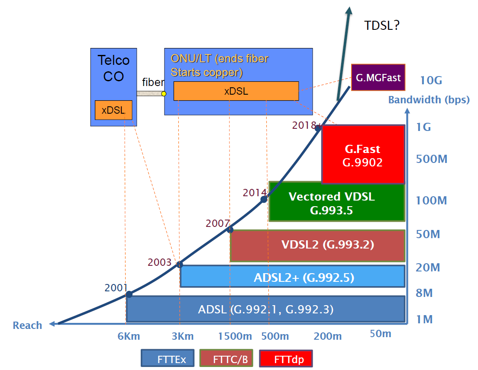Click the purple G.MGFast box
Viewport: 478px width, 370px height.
click(x=378, y=78)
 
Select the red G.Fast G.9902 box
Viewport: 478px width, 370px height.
click(x=363, y=155)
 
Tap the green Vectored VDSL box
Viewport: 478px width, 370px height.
click(x=336, y=201)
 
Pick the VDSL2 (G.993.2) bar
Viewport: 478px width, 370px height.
click(x=317, y=246)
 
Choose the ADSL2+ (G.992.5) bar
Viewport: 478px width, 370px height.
click(x=292, y=277)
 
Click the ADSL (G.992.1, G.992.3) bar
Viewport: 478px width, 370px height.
click(x=265, y=309)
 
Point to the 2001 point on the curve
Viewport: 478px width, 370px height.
click(x=129, y=294)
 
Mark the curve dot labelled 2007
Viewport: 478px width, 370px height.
click(x=230, y=230)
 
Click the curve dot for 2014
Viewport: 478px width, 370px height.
click(x=264, y=199)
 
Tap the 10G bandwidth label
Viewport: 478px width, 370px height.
click(x=431, y=80)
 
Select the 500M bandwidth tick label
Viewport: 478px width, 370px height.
click(x=431, y=159)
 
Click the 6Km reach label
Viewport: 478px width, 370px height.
click(x=129, y=336)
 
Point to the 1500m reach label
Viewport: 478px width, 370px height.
click(x=235, y=336)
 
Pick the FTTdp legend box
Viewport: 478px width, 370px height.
click(x=286, y=359)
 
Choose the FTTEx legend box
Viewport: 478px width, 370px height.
click(x=168, y=359)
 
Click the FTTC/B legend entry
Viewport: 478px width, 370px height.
click(x=226, y=359)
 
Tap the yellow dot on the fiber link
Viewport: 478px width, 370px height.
click(x=164, y=93)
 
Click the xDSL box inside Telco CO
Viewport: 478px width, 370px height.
click(x=113, y=110)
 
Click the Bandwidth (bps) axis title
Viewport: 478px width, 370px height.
click(x=429, y=100)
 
